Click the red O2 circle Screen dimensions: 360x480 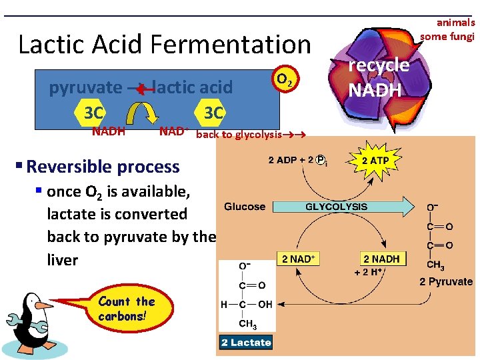284,79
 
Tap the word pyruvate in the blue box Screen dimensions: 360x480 85,87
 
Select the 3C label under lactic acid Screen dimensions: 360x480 213,113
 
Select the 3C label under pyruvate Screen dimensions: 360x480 89,113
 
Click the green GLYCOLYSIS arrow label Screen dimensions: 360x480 336,207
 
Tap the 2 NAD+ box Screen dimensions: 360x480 298,259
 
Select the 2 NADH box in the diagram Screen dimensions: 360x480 381,259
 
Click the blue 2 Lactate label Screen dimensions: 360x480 246,343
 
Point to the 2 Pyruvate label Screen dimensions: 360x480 446,281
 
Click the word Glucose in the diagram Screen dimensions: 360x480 245,207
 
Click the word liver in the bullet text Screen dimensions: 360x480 63,259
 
